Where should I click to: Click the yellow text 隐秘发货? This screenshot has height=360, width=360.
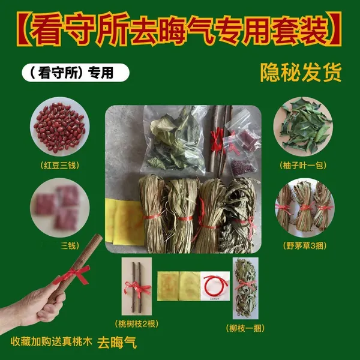click(301, 73)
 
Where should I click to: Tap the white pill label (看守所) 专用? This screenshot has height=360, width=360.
click(76, 73)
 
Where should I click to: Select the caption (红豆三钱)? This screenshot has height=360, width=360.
click(60, 166)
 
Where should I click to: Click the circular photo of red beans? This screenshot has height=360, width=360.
click(60, 127)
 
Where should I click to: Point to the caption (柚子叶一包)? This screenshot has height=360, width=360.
click(303, 166)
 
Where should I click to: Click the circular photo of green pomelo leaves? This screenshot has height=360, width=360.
click(303, 127)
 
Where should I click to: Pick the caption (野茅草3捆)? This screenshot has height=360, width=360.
click(305, 246)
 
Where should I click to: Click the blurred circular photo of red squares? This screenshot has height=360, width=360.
click(60, 208)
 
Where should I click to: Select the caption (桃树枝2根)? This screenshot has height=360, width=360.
click(137, 324)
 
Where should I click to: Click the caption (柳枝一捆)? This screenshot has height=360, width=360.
click(245, 328)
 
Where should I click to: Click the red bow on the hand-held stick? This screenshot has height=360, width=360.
click(73, 274)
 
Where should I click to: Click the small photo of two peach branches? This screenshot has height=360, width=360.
click(137, 286)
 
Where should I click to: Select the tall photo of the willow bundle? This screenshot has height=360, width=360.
click(245, 288)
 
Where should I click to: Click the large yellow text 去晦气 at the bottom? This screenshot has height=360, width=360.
click(117, 343)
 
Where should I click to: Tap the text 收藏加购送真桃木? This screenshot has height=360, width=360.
click(52, 341)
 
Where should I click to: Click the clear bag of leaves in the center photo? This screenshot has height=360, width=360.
click(174, 138)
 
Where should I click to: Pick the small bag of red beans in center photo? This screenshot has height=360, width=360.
click(242, 166)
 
